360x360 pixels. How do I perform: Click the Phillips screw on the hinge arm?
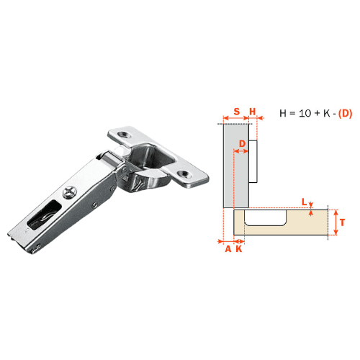coord(70,192)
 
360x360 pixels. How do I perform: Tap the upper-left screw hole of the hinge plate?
coord(125,134)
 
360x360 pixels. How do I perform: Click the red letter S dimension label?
coord(237,112)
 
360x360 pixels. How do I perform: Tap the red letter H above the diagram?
coord(253,112)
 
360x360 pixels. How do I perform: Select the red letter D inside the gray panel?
coord(243,144)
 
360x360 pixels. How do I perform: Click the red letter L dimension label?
coord(305,202)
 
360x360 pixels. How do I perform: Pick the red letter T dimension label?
coord(342,222)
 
